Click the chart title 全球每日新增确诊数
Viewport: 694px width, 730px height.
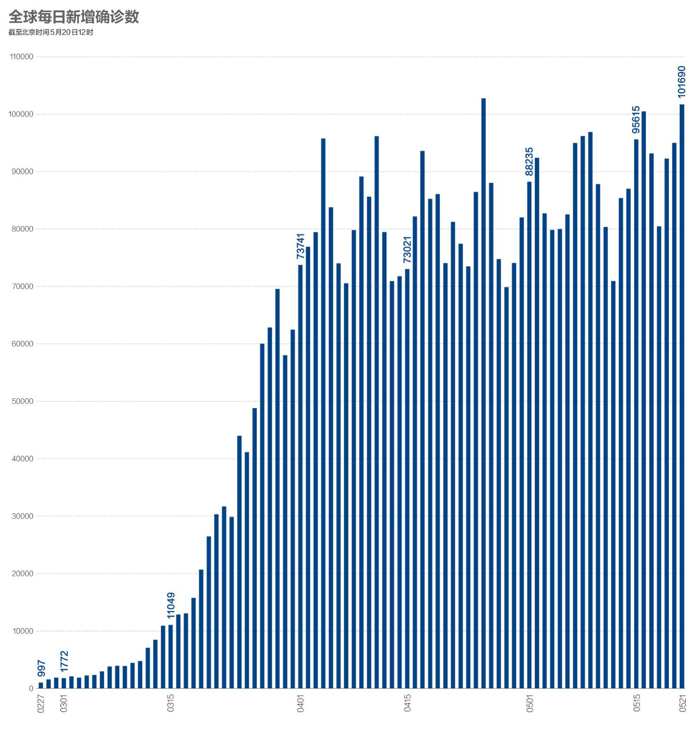point(74,17)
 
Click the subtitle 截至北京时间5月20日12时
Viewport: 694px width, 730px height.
point(51,33)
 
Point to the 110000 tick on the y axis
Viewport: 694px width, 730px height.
point(22,57)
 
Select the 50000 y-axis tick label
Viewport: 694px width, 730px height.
point(22,402)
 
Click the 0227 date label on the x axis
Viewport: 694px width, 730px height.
point(41,703)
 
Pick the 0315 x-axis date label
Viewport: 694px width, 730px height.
point(171,703)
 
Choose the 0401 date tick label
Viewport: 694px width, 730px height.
point(300,703)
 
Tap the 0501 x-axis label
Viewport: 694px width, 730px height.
point(530,703)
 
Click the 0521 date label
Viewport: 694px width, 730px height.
point(682,703)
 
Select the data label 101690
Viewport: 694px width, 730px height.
point(682,82)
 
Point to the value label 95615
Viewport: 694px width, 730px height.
point(636,119)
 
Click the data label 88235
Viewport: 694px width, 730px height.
point(529,161)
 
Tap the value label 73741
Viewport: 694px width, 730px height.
point(300,246)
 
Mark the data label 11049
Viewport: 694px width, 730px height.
point(171,606)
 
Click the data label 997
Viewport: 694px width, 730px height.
point(41,668)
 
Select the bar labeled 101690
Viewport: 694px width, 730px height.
point(682,390)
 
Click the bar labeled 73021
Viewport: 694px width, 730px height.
point(407,477)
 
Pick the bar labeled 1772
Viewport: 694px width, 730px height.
point(64,684)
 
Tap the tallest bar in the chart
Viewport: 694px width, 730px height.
point(483,390)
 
